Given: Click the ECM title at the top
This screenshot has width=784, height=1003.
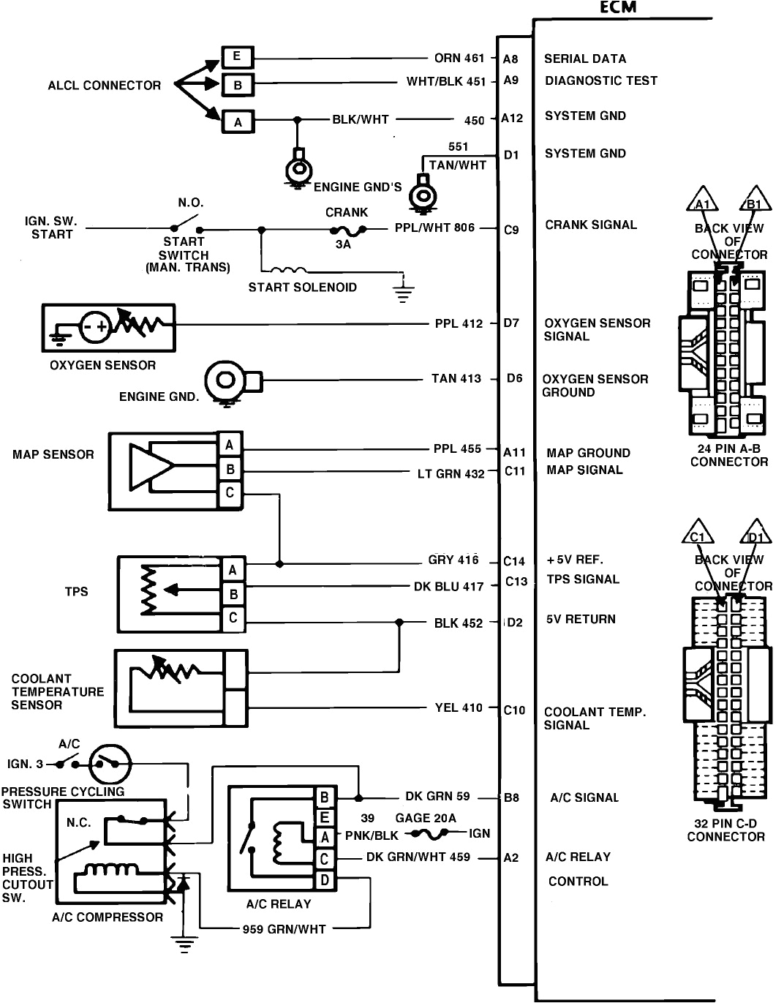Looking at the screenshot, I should [x=618, y=7].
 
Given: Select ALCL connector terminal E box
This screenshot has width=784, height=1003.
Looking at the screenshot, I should [x=237, y=57].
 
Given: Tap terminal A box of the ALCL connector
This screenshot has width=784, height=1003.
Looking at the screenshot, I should [x=237, y=121].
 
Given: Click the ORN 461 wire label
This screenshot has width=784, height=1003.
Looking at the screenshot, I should [x=459, y=59].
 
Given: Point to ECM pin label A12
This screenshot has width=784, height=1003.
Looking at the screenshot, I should [x=512, y=119].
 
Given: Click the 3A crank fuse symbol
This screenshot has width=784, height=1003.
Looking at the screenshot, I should [x=343, y=230].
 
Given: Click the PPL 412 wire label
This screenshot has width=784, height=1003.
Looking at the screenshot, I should [x=459, y=323].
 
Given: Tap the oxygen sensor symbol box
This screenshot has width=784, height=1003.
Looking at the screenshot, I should [x=108, y=328].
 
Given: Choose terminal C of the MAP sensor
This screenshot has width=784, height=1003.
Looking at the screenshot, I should [x=230, y=493].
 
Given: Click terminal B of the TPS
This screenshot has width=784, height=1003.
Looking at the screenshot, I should [x=233, y=594].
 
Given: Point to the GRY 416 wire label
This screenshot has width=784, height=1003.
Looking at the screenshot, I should [x=453, y=560].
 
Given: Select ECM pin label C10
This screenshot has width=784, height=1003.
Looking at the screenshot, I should [x=514, y=710].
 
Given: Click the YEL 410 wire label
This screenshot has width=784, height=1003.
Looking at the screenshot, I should [x=459, y=707].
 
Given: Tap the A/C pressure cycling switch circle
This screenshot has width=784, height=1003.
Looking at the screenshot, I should [x=110, y=765].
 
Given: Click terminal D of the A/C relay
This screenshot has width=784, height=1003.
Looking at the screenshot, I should [x=325, y=880].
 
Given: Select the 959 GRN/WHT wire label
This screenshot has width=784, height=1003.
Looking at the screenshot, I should [x=284, y=929].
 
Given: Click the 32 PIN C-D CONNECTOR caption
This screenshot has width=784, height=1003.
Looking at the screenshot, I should [x=725, y=830].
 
